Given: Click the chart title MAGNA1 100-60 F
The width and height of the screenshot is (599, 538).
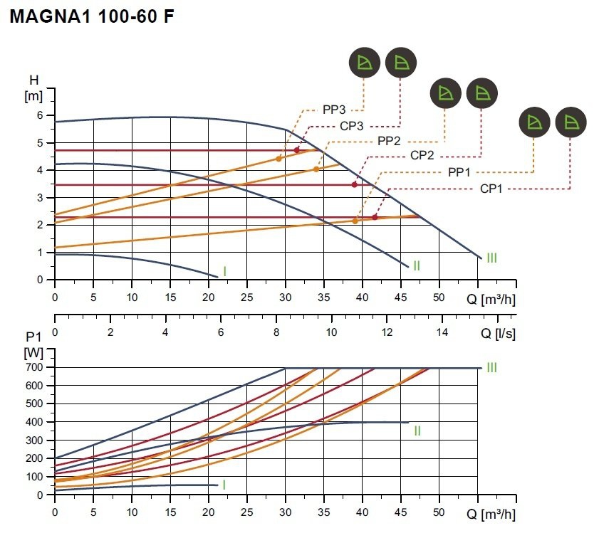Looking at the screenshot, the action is pyautogui.click(x=92, y=16).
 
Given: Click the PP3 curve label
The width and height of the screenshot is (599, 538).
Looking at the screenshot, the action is pyautogui.click(x=334, y=110).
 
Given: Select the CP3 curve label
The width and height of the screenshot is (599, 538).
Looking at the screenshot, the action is pyautogui.click(x=351, y=126).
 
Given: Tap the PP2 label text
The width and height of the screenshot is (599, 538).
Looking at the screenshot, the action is pyautogui.click(x=389, y=141).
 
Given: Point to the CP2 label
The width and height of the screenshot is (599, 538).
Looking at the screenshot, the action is pyautogui.click(x=422, y=155).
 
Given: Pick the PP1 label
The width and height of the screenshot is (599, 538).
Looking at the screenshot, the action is pyautogui.click(x=459, y=172).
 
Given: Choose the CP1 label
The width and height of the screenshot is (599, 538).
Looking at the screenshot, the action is pyautogui.click(x=491, y=189).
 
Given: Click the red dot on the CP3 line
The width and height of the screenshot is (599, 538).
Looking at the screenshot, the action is pyautogui.click(x=297, y=150).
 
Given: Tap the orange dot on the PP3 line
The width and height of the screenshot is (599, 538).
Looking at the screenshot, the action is pyautogui.click(x=278, y=159).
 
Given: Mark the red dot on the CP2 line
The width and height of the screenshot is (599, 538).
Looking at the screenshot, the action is pyautogui.click(x=355, y=185).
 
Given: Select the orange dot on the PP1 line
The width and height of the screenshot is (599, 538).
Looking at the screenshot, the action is pyautogui.click(x=355, y=221).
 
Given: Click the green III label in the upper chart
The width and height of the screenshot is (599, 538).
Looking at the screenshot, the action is pyautogui.click(x=491, y=258).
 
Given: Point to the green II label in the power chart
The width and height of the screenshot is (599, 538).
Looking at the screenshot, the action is pyautogui.click(x=417, y=431).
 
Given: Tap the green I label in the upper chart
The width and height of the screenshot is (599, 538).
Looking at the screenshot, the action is pyautogui.click(x=224, y=271).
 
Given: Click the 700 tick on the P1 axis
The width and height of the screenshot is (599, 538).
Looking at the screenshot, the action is pyautogui.click(x=34, y=367).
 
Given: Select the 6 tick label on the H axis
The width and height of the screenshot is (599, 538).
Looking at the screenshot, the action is pyautogui.click(x=40, y=115).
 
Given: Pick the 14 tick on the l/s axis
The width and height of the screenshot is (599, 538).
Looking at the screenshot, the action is pyautogui.click(x=442, y=332).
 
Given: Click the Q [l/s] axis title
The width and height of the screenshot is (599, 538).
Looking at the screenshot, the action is pyautogui.click(x=498, y=333).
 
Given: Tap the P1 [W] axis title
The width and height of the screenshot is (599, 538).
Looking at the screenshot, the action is pyautogui.click(x=33, y=345).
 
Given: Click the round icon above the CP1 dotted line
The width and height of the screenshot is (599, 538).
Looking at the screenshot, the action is pyautogui.click(x=571, y=122).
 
